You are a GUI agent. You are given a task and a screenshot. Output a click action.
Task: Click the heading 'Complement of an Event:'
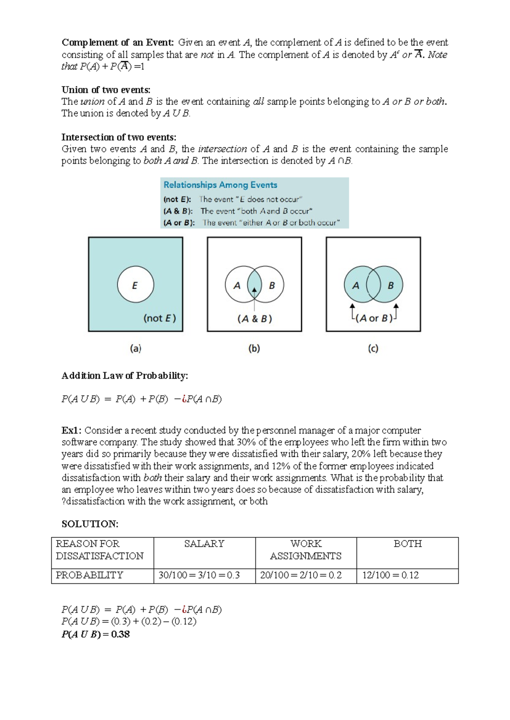[x=118, y=42]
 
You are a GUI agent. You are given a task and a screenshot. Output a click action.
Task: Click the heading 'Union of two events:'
[x=106, y=90]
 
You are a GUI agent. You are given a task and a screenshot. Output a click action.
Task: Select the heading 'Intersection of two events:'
[x=119, y=137]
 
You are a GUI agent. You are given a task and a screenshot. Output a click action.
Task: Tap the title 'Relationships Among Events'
[x=220, y=185]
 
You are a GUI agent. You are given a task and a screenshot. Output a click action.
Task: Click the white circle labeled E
[x=135, y=285]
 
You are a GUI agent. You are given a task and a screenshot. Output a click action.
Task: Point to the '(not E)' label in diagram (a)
[x=159, y=318]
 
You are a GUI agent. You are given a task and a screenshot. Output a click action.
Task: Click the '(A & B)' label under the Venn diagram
[x=255, y=318]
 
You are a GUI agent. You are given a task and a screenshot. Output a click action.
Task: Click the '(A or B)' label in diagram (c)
[x=374, y=318]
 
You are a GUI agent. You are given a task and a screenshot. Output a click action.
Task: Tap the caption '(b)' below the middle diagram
[x=254, y=349]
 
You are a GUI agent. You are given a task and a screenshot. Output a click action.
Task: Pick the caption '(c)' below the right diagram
[x=373, y=349]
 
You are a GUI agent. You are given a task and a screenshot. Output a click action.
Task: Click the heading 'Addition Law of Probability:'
[x=125, y=376]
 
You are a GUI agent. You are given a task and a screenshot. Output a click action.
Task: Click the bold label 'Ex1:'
[x=71, y=430]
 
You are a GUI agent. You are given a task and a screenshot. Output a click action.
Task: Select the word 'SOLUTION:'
[x=90, y=524]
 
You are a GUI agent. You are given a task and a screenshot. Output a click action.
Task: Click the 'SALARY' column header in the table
[x=204, y=544]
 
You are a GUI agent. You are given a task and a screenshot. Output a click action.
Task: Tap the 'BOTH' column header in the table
[x=407, y=544]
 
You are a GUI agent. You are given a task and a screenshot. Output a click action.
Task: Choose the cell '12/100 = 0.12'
[x=390, y=575]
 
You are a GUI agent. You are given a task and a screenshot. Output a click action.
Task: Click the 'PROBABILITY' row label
[x=89, y=575]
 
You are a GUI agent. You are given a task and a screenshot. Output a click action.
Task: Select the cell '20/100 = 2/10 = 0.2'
[x=300, y=575]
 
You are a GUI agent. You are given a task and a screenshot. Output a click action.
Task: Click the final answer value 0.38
[x=120, y=634]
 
